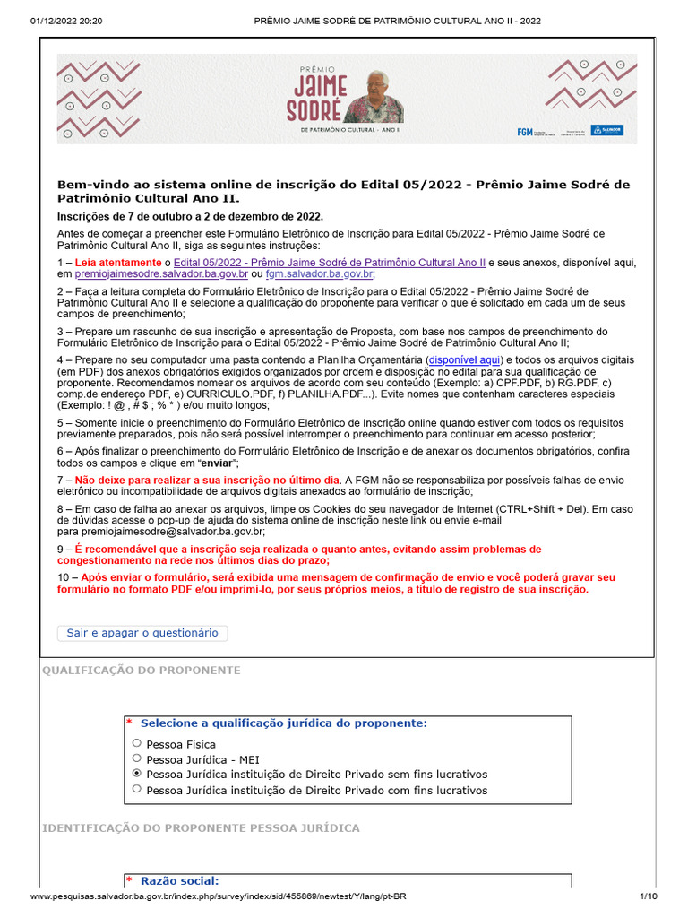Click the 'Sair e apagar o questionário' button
click(x=142, y=633)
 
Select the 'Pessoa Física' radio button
click(x=137, y=743)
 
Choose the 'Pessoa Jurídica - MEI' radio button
click(x=137, y=758)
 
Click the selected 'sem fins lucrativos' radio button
click(x=137, y=774)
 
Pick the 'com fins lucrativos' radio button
click(x=137, y=790)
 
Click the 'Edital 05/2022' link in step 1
click(x=329, y=262)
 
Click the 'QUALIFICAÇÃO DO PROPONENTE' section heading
click(x=142, y=671)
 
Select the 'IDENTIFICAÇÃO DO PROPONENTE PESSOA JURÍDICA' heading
click(x=201, y=827)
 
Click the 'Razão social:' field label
click(x=179, y=881)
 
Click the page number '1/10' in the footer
click(x=649, y=896)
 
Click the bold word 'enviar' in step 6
click(x=217, y=463)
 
